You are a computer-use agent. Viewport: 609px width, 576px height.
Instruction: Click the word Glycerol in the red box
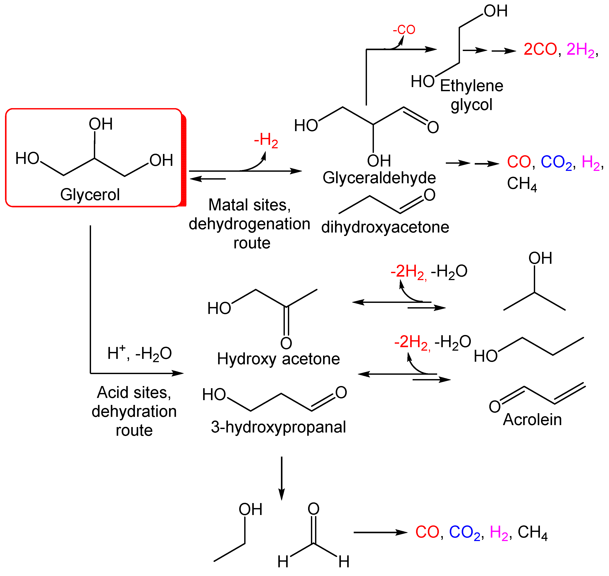(90, 195)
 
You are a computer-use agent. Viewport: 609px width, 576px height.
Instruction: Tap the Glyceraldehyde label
(379, 178)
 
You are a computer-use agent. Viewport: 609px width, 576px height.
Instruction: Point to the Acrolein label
(532, 419)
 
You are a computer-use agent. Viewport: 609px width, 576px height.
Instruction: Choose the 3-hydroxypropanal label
(278, 427)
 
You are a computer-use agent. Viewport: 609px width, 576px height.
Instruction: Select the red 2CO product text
(540, 49)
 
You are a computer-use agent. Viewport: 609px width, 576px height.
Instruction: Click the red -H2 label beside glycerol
(266, 140)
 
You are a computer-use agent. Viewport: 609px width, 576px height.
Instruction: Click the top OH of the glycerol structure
(100, 124)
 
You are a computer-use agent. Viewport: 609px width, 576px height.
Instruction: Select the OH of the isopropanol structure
(540, 258)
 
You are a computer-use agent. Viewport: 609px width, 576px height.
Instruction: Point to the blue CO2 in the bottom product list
(464, 532)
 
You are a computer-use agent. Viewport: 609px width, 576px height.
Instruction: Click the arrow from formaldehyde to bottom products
(380, 532)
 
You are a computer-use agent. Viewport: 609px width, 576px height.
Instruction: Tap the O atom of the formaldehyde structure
(314, 509)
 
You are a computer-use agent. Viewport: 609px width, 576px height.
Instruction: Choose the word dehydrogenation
(249, 224)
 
